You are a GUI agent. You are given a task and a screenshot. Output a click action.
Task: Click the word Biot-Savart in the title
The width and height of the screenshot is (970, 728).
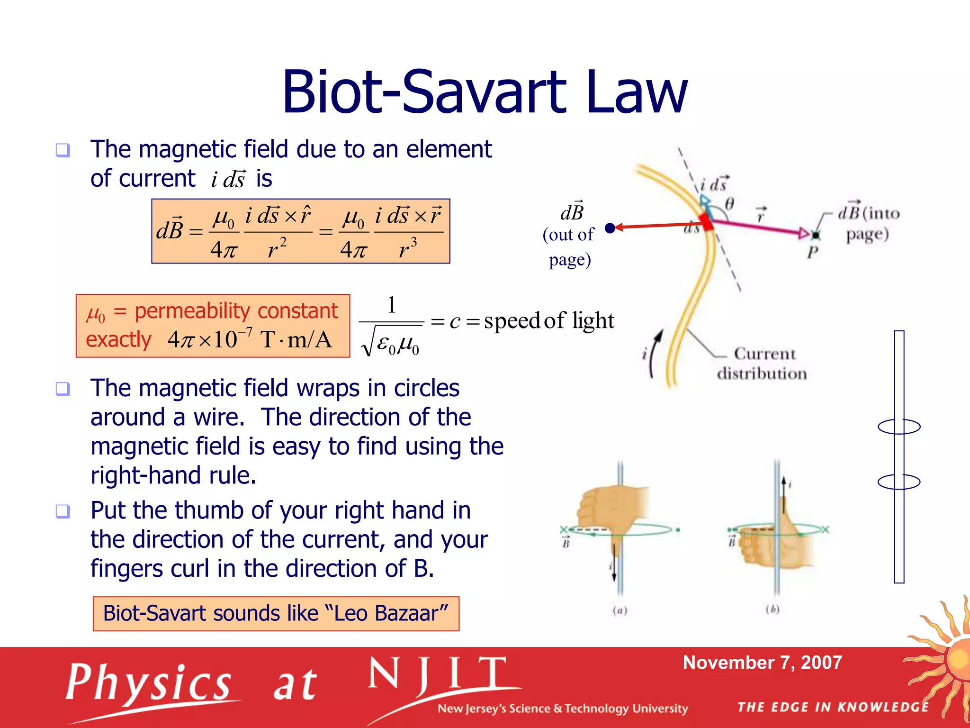[x=424, y=92]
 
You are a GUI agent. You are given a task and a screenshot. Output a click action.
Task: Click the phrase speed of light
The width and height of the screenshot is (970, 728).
[x=548, y=321]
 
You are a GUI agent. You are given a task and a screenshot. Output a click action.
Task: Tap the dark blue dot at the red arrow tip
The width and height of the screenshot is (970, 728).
[x=610, y=228]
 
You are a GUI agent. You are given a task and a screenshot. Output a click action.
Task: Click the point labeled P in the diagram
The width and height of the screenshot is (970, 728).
[x=815, y=235]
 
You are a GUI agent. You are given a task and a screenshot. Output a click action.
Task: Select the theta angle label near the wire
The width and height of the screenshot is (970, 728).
[x=729, y=204]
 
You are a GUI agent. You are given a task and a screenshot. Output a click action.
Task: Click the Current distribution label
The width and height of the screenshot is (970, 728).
[x=763, y=364]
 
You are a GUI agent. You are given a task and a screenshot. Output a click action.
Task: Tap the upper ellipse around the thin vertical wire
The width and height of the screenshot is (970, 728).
[x=898, y=427]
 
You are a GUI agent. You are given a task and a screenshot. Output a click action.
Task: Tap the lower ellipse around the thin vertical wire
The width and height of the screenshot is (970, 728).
[x=898, y=482]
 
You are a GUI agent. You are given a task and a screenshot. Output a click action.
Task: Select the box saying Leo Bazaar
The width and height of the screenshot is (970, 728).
[x=276, y=613]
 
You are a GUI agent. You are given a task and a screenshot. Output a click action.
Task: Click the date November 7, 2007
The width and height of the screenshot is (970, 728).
[x=762, y=662]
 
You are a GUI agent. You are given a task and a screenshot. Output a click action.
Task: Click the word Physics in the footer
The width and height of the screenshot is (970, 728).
[x=148, y=683]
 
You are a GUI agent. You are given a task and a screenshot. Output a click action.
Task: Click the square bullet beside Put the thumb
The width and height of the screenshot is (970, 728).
[x=63, y=511]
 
